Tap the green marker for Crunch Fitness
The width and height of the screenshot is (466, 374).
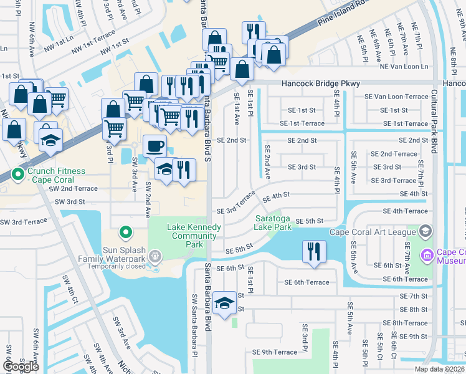[17, 173]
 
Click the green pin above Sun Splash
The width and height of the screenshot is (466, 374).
[125, 233]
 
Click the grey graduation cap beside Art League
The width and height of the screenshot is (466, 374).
[425, 233]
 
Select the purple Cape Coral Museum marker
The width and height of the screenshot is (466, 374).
[427, 255]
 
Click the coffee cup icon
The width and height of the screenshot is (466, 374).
[155, 146]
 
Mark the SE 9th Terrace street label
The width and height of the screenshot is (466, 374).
[275, 352]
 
